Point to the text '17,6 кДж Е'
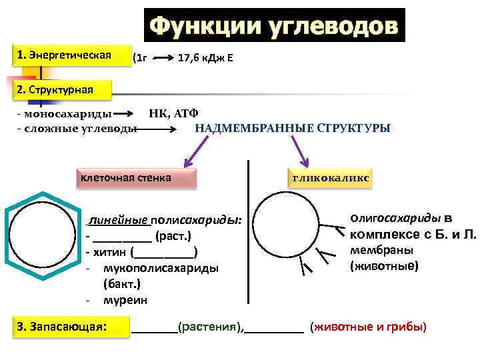coord(205,59)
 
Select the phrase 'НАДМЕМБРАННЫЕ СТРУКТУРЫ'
coord(292,127)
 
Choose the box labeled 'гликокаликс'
coord(330,179)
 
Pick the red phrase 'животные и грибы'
coord(369,327)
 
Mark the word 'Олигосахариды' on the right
coord(395,218)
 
